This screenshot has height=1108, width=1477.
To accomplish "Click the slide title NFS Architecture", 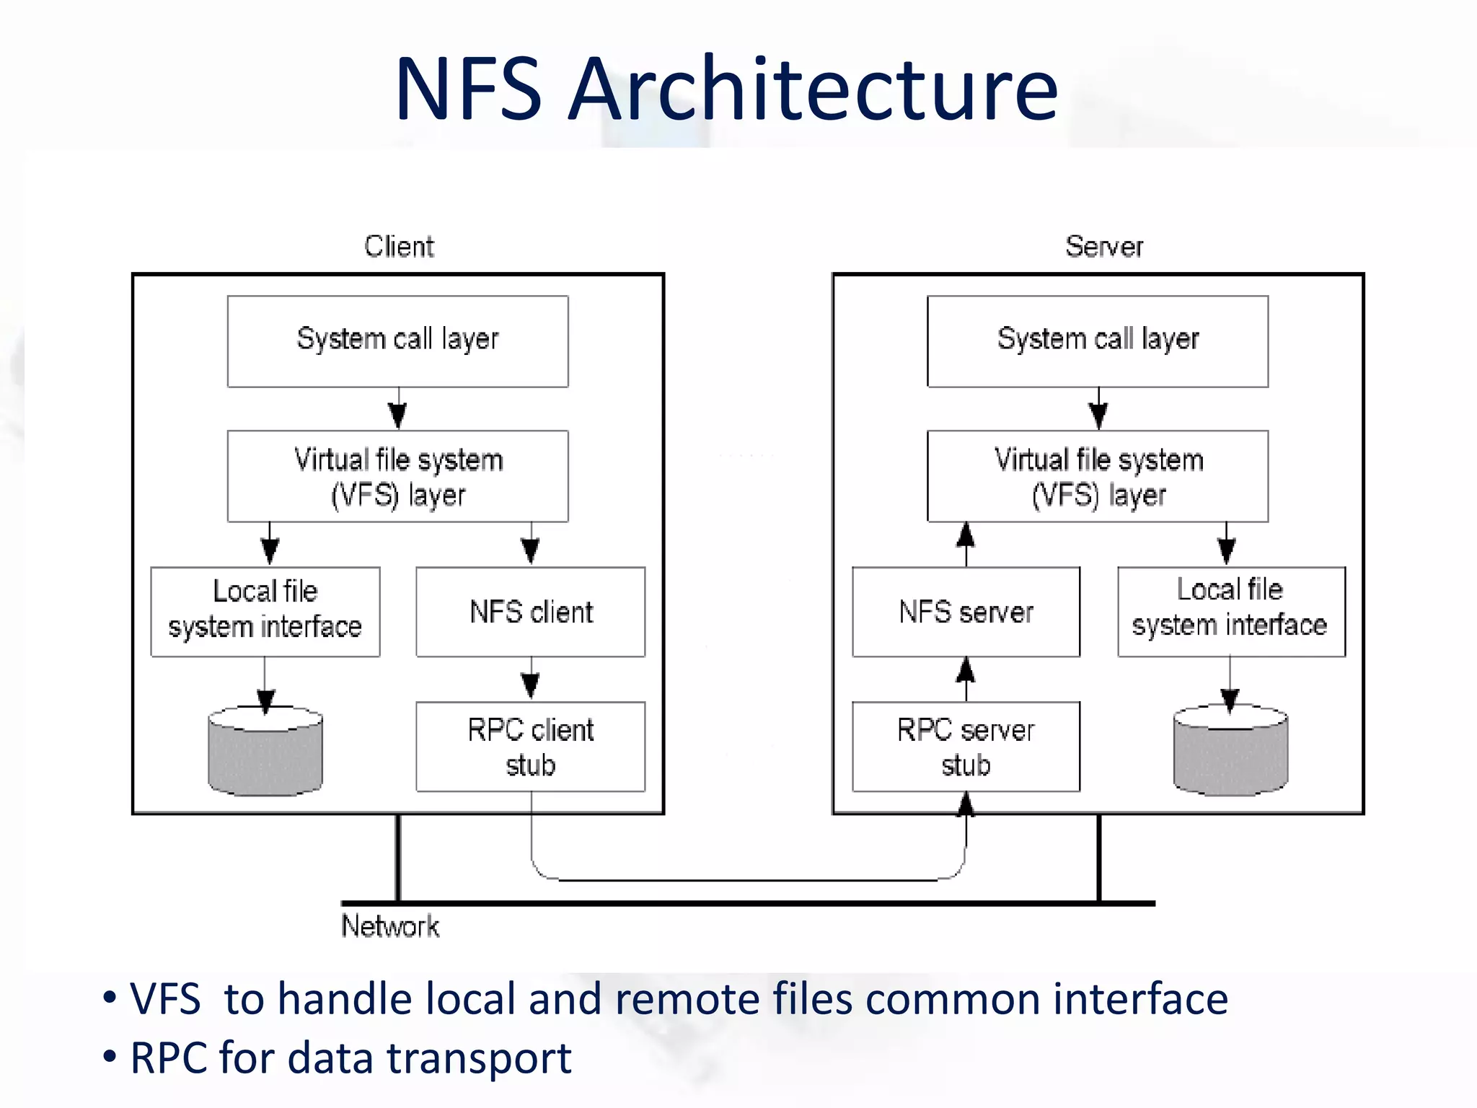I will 726,89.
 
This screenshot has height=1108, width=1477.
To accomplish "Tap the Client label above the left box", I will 399,247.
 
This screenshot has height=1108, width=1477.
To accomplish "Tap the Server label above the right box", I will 1103,247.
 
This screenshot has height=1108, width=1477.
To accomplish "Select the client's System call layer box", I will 397,341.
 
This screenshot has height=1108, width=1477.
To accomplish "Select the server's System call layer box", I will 1097,341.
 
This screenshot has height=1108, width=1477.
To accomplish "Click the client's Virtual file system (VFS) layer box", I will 397,476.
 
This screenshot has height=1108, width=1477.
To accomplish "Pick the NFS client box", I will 530,612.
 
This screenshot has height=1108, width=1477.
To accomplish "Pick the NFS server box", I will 966,612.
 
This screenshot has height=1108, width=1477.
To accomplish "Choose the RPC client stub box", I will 530,747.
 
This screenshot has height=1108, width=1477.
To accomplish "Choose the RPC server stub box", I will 966,747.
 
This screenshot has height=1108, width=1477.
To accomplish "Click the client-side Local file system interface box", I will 265,611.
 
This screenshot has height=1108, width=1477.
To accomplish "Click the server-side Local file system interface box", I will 1230,611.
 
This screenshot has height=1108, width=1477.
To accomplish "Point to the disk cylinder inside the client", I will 265,754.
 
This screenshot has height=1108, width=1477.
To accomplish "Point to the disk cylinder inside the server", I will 1230,754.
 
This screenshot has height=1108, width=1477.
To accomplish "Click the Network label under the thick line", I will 389,926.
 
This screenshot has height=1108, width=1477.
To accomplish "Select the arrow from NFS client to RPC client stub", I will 531,680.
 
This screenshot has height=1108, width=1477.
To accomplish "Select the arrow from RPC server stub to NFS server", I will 966,678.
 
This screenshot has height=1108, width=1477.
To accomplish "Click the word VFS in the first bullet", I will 165,1000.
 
